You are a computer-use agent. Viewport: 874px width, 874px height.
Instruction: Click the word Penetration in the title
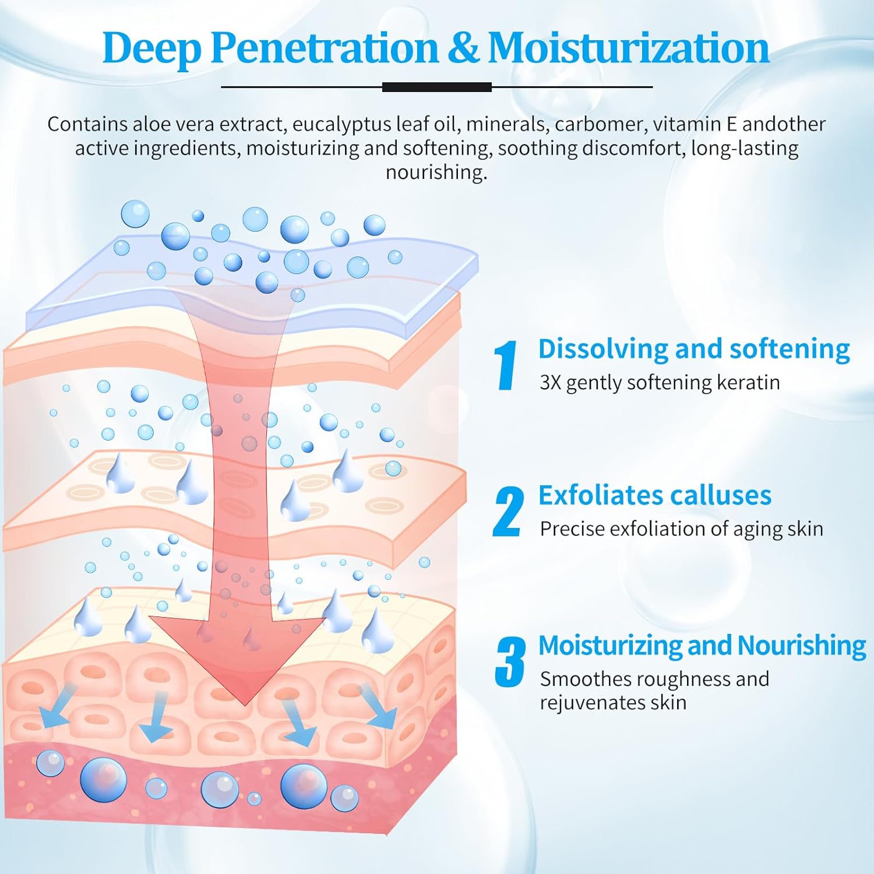point(324,48)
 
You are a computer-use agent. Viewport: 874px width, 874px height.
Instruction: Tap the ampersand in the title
point(463,48)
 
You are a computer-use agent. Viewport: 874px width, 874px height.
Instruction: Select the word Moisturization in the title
point(629,47)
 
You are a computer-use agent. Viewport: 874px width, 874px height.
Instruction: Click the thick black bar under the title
point(437,87)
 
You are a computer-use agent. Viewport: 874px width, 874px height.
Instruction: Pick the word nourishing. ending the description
point(436,172)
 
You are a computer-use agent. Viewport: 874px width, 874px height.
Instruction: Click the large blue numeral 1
point(506,365)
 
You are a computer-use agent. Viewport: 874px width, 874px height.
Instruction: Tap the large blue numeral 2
point(508,512)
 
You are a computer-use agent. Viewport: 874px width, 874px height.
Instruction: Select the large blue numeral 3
point(510,661)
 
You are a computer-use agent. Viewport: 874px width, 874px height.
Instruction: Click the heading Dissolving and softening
point(694,350)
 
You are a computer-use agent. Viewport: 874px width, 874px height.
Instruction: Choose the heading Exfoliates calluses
point(655,495)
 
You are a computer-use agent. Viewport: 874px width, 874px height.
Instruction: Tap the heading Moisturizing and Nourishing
point(702,646)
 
